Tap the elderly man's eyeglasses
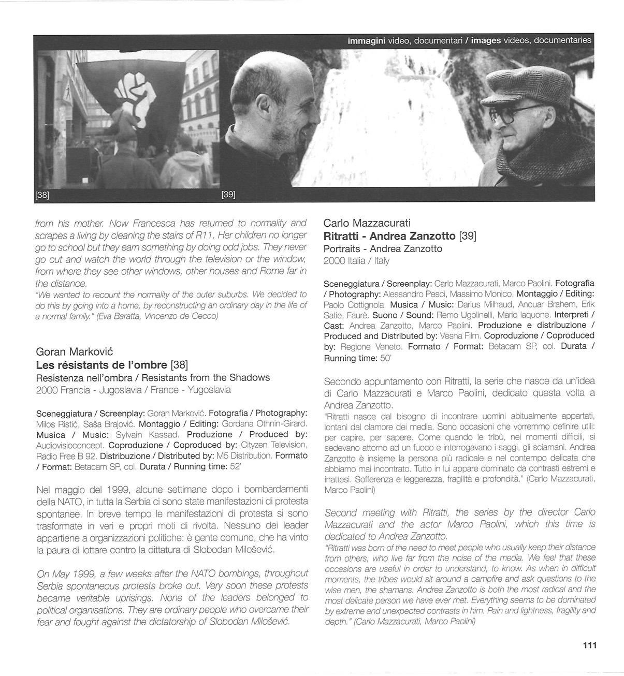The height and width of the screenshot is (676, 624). pyautogui.click(x=511, y=115)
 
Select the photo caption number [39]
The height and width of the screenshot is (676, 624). pyautogui.click(x=228, y=195)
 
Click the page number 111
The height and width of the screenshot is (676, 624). pyautogui.click(x=590, y=645)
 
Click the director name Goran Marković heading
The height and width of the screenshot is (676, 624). pyautogui.click(x=72, y=353)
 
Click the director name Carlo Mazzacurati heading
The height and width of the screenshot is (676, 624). pyautogui.click(x=367, y=223)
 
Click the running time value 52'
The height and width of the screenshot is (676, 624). pyautogui.click(x=236, y=467)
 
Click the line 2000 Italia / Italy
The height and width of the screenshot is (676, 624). pyautogui.click(x=356, y=261)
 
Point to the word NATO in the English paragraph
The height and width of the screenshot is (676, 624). pyautogui.click(x=191, y=574)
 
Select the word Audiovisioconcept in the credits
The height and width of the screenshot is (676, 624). pyautogui.click(x=70, y=445)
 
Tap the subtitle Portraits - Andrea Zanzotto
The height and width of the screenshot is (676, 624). pyautogui.click(x=383, y=249)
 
